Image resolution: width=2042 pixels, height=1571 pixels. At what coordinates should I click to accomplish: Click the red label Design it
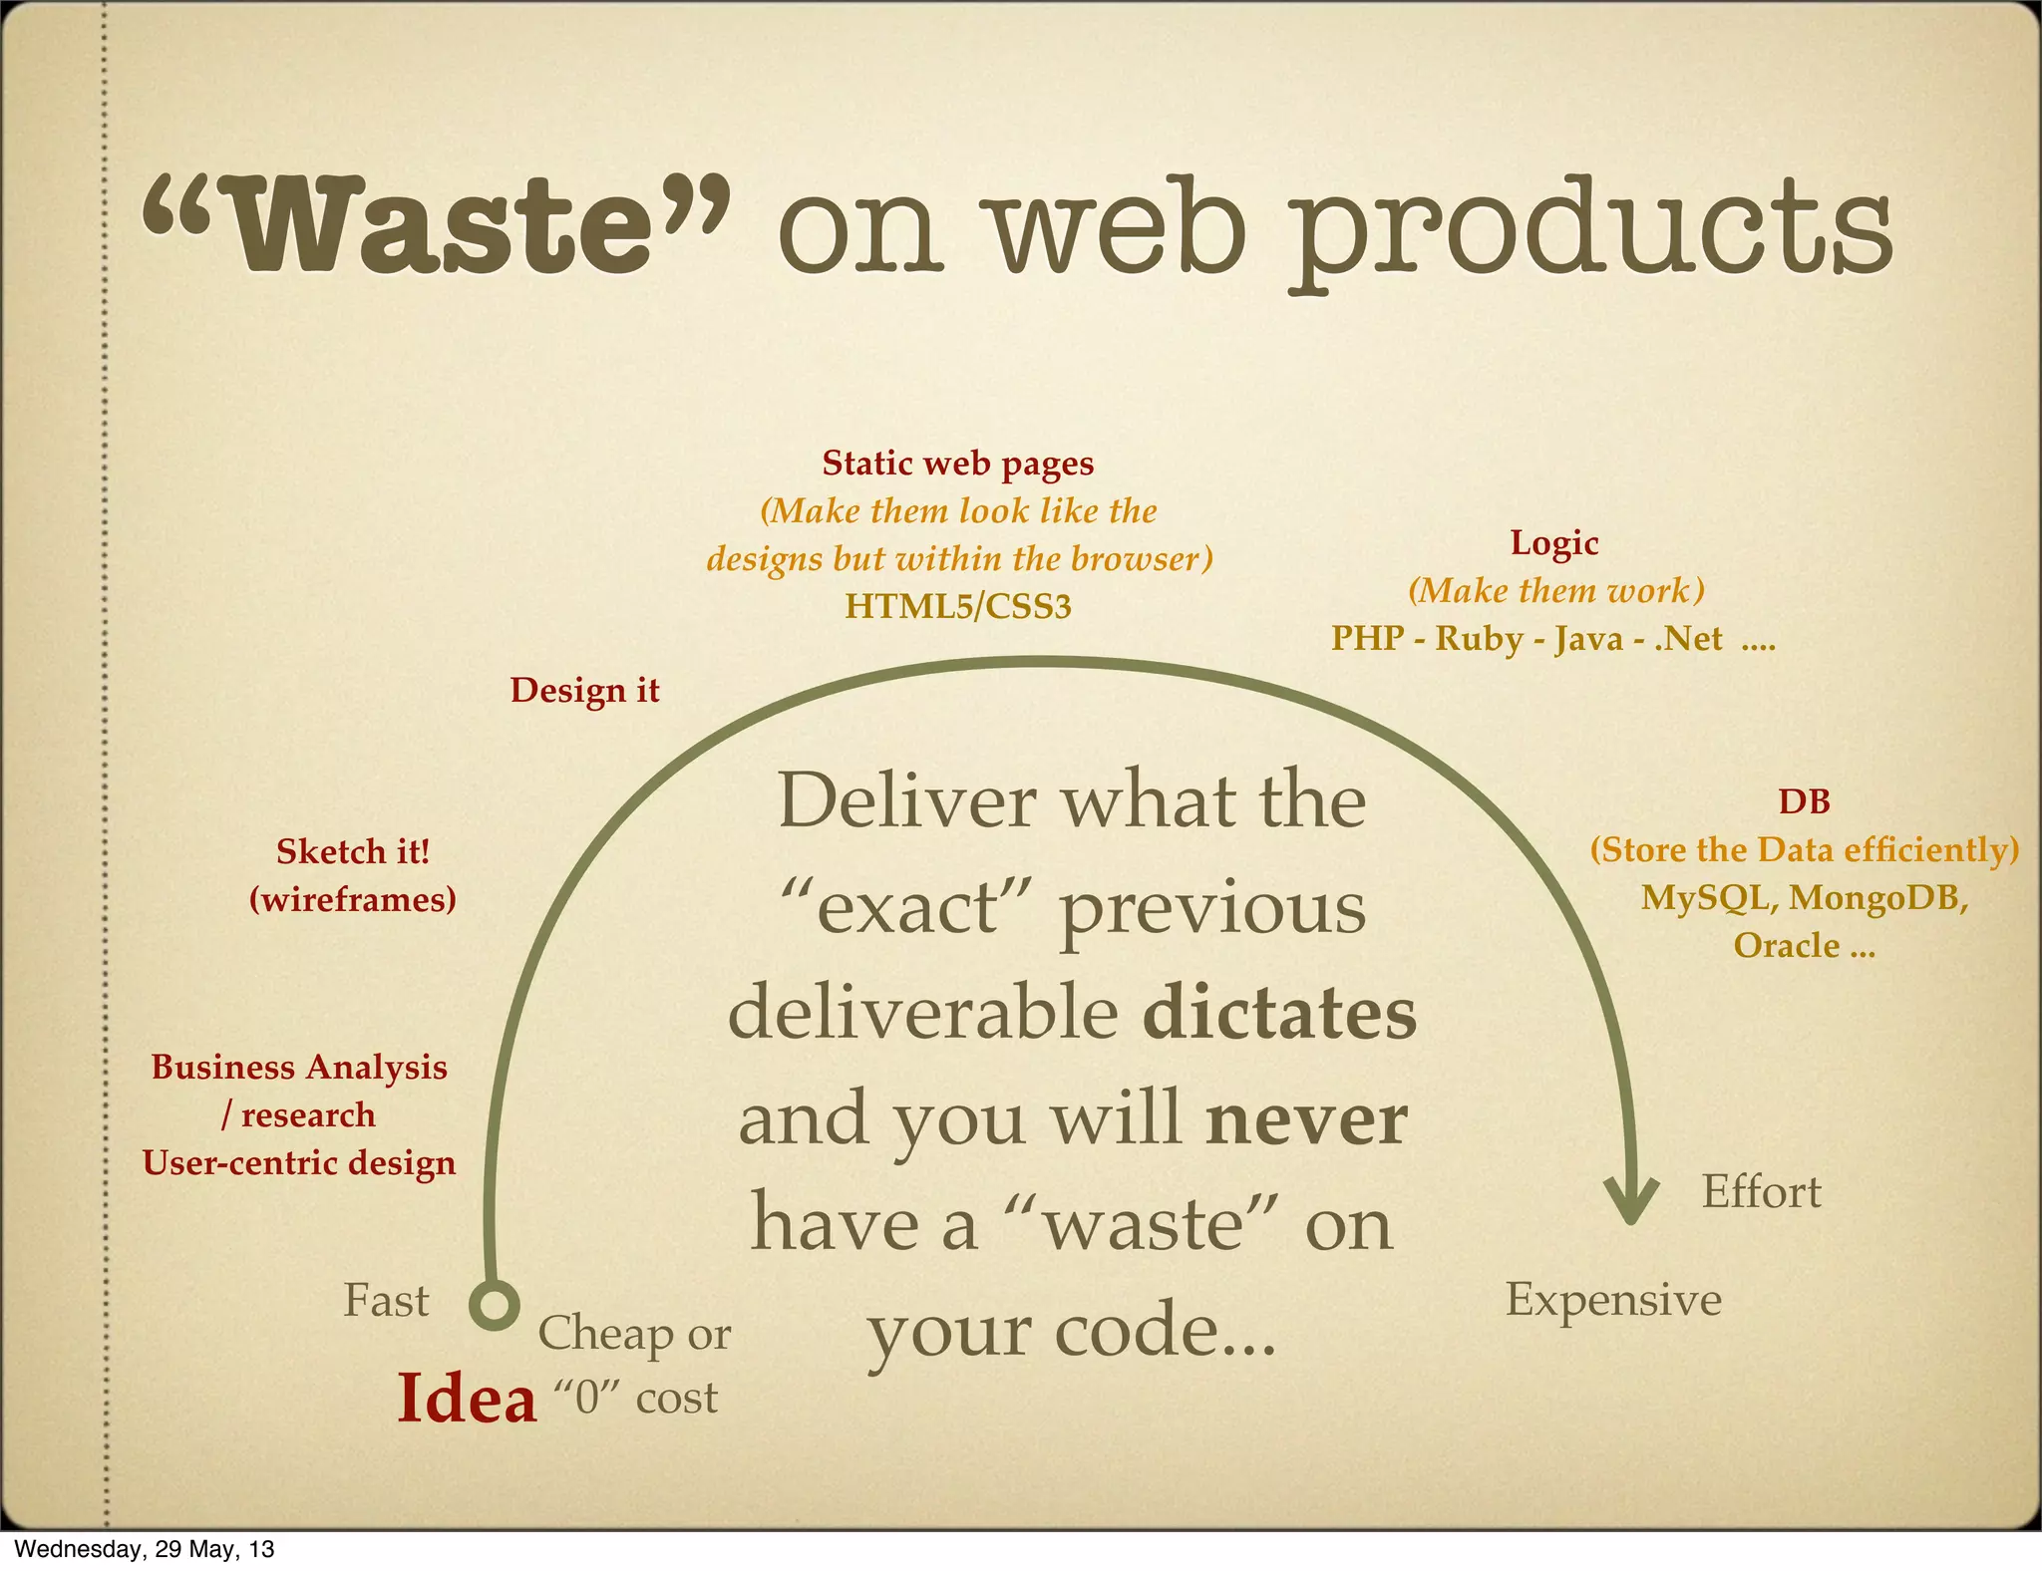pos(584,691)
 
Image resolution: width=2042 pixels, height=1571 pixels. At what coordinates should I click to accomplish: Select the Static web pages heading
pos(957,464)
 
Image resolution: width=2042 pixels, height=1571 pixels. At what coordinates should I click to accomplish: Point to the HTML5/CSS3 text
pos(957,606)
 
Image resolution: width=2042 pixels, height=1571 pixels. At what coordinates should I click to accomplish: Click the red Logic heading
pos(1553,543)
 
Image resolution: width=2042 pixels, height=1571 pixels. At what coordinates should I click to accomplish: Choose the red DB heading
pos(1804,802)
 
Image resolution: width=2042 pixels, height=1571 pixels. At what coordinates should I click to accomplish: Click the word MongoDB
pos(1877,898)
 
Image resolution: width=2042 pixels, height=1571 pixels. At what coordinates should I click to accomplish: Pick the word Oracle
pos(1786,946)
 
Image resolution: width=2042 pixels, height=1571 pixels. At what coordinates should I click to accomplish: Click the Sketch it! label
pos(353,852)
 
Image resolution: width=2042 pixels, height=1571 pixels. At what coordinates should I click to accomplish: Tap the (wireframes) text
pos(353,900)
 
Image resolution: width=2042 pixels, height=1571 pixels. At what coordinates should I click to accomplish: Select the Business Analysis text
pos(299,1068)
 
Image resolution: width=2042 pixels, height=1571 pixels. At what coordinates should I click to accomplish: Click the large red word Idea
pos(467,1400)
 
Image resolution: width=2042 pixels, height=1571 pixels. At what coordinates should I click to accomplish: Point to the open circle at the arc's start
pos(495,1305)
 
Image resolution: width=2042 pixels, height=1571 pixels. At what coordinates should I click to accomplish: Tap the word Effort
pos(1761,1192)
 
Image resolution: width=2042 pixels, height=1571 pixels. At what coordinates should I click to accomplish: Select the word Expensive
pos(1613,1300)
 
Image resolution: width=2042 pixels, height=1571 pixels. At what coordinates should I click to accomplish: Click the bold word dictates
pos(1278,1014)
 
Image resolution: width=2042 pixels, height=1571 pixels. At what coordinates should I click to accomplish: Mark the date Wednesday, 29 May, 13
pos(145,1549)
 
